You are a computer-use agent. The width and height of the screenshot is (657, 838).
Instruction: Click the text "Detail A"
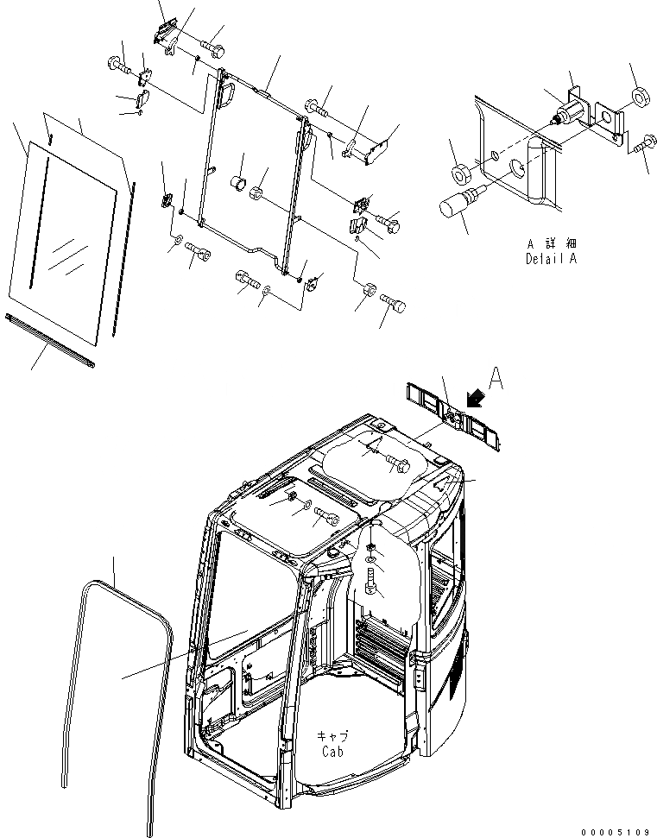(x=550, y=258)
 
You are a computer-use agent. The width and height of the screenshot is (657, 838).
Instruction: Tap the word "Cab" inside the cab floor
(x=334, y=751)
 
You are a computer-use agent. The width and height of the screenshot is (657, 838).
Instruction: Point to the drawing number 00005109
(x=615, y=831)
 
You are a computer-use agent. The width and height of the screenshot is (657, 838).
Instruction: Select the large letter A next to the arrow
(x=496, y=377)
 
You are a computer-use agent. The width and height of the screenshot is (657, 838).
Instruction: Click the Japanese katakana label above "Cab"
(x=333, y=736)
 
